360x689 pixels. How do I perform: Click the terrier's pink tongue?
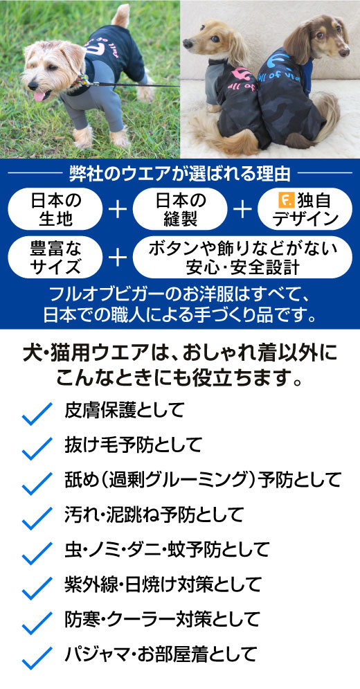tap(39, 96)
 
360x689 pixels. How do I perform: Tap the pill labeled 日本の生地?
tap(55, 209)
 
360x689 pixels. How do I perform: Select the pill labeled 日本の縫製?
tap(180, 209)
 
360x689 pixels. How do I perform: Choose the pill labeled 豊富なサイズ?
tap(55, 258)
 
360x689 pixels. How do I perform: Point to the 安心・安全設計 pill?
tap(242, 258)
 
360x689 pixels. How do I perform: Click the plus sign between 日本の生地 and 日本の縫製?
tap(118, 210)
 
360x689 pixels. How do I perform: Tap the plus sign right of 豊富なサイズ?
tap(118, 258)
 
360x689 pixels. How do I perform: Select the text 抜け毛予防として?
tap(133, 445)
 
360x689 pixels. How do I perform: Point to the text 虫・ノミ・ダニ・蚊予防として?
tap(167, 549)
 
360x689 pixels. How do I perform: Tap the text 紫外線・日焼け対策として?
tap(163, 584)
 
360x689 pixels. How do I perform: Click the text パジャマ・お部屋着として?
tap(160, 654)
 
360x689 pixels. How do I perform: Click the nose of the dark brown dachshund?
tap(344, 53)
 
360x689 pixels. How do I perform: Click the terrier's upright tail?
tap(120, 15)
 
